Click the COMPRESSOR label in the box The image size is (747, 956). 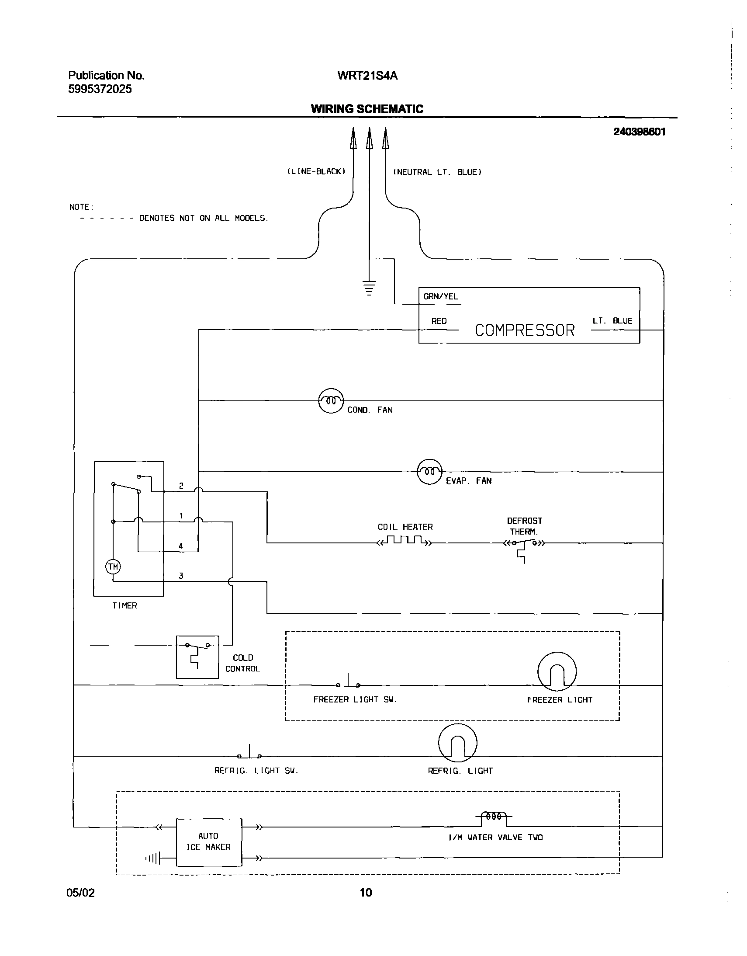(524, 330)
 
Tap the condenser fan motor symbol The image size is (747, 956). (331, 401)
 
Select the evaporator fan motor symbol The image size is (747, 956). (429, 472)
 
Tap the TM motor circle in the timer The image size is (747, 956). (113, 567)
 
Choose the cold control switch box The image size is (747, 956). (197, 657)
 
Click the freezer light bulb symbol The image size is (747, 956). (557, 672)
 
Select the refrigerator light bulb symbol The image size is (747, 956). (457, 743)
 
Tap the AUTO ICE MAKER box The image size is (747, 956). (209, 842)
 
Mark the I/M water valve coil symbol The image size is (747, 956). (494, 817)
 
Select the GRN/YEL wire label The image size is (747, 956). (440, 296)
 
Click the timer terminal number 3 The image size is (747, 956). (181, 576)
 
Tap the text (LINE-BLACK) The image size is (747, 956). (316, 172)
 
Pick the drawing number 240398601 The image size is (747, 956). (639, 132)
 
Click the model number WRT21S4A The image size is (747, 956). (367, 76)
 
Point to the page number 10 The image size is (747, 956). (366, 892)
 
